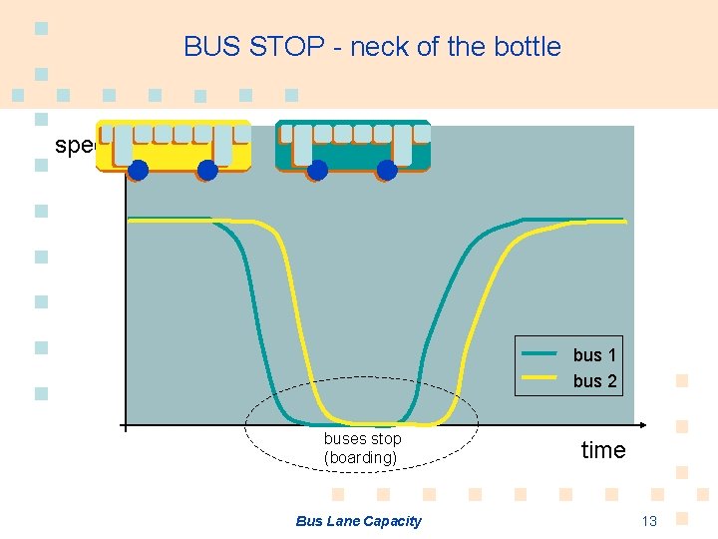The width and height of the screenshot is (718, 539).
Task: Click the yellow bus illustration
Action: [x=174, y=147]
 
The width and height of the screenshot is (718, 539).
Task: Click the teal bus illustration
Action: [x=353, y=147]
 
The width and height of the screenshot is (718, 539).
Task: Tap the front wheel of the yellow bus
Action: [x=139, y=170]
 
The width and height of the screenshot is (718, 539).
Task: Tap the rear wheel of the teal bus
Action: [x=387, y=170]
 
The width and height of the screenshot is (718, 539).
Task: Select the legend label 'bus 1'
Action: [x=594, y=355]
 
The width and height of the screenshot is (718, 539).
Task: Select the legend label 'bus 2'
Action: [x=594, y=381]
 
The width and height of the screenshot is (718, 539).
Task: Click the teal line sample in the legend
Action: [x=539, y=353]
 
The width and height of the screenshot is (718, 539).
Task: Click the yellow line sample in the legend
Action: [x=539, y=378]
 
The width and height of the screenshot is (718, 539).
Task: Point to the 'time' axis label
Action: [x=603, y=450]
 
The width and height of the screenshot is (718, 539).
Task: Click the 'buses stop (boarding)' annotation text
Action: [x=362, y=448]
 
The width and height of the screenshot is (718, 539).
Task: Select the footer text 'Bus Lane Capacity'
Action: [x=359, y=521]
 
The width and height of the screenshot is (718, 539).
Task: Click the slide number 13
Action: [x=649, y=521]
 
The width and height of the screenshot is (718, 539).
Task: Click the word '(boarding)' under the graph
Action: [x=361, y=458]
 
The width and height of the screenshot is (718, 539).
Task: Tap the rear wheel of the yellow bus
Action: [x=207, y=170]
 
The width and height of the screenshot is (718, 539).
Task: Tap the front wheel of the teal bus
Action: [x=317, y=170]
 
